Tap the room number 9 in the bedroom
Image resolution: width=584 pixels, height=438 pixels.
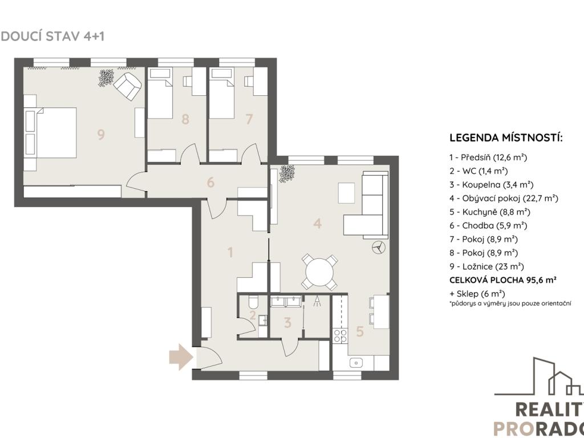tap(100, 135)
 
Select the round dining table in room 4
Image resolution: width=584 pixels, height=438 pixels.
tap(319, 272)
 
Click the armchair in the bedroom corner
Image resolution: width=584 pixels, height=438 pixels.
tap(127, 86)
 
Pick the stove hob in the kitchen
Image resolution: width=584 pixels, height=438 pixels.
tap(340, 335)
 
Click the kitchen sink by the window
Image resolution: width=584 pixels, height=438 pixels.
tap(356, 362)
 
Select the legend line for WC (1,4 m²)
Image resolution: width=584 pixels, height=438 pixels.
tap(478, 171)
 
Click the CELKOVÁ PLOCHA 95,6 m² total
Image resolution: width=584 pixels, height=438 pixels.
tap(503, 280)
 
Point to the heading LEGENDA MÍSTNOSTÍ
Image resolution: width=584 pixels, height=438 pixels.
tap(506, 138)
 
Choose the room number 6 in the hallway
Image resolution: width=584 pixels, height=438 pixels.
tap(210, 182)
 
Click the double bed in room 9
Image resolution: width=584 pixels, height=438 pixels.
tap(51, 132)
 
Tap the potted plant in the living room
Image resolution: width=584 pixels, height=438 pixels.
tap(287, 173)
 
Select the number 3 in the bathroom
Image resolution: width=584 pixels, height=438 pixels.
tap(287, 323)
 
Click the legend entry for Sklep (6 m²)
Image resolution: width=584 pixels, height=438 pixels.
tap(477, 294)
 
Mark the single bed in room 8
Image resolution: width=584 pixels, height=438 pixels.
tap(160, 93)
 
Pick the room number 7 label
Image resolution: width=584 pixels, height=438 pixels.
tap(249, 119)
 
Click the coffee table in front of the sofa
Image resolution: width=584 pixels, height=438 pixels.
tap(346, 193)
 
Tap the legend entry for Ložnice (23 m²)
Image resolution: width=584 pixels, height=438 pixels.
tap(487, 267)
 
